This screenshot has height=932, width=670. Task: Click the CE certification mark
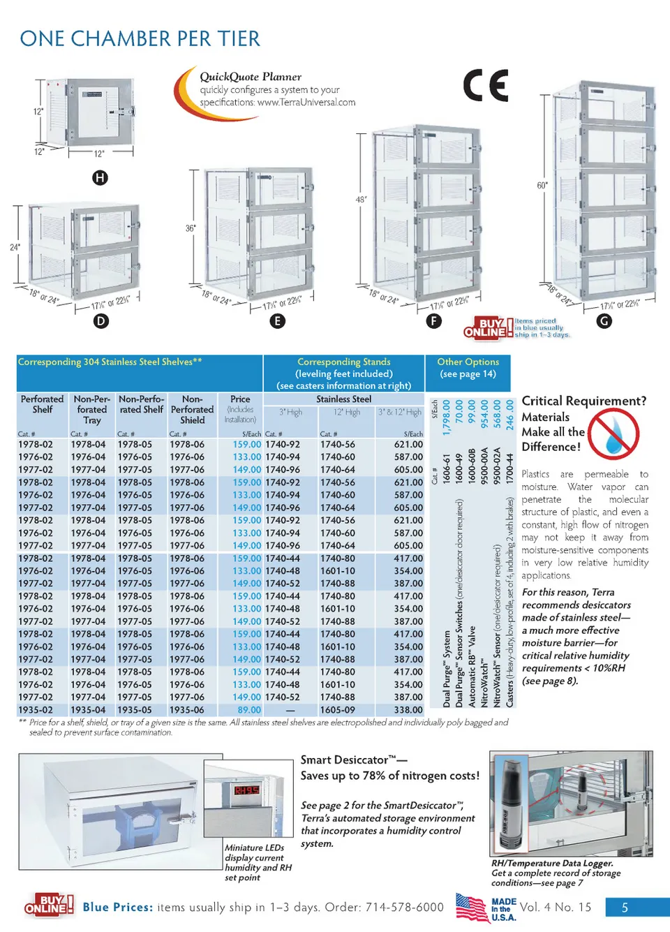486,86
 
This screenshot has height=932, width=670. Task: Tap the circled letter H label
100,177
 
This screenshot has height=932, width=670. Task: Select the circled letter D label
101,321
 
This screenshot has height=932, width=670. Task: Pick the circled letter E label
278,321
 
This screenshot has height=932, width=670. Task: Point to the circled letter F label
434,321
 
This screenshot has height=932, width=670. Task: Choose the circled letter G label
604,321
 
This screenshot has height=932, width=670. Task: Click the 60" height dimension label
542,186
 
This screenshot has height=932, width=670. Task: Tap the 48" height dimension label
361,200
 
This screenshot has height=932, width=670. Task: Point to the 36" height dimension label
191,228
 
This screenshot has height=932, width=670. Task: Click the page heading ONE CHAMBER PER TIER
140,39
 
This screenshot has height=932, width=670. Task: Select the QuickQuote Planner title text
251,77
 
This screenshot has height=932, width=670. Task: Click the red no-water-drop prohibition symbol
613,434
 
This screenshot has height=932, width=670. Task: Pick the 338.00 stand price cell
408,710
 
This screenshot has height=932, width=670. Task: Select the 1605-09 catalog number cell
338,710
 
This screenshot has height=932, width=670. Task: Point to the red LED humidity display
247,791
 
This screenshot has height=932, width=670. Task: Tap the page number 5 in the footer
625,908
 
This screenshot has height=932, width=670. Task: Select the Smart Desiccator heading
354,760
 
